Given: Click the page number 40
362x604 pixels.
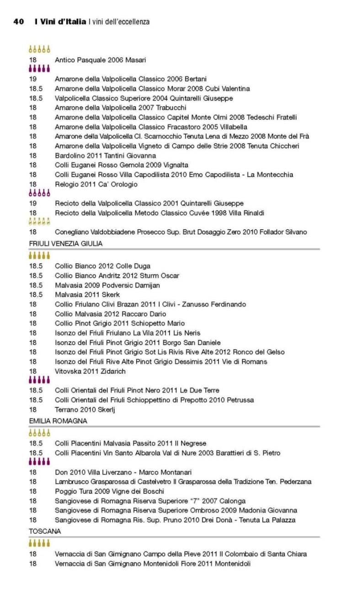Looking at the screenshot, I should coord(18,22).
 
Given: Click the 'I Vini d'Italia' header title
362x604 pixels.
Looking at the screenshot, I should coord(60,22).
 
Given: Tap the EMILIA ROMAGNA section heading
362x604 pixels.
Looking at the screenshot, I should coord(58,421).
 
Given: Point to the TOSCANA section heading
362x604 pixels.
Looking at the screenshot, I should coord(45,531).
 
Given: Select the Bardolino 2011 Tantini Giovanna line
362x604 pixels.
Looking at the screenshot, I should coord(105,155).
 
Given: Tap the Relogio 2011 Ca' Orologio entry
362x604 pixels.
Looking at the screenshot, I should coord(96,184).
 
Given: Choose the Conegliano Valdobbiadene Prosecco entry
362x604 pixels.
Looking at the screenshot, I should coord(181,232).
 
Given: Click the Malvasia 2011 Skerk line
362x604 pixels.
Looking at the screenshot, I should coord(87,294).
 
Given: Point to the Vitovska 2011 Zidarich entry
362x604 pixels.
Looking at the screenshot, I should coord(90,371).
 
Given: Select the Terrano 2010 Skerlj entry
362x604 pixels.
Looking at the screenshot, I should coord(85,410).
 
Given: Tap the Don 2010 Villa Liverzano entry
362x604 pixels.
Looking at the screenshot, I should coord(123,472).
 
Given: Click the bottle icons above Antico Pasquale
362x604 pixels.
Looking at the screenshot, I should coord(39,49).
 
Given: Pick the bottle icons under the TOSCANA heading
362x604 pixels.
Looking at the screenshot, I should coord(39,543).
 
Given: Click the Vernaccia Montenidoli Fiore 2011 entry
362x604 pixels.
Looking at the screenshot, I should coord(153,564).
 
